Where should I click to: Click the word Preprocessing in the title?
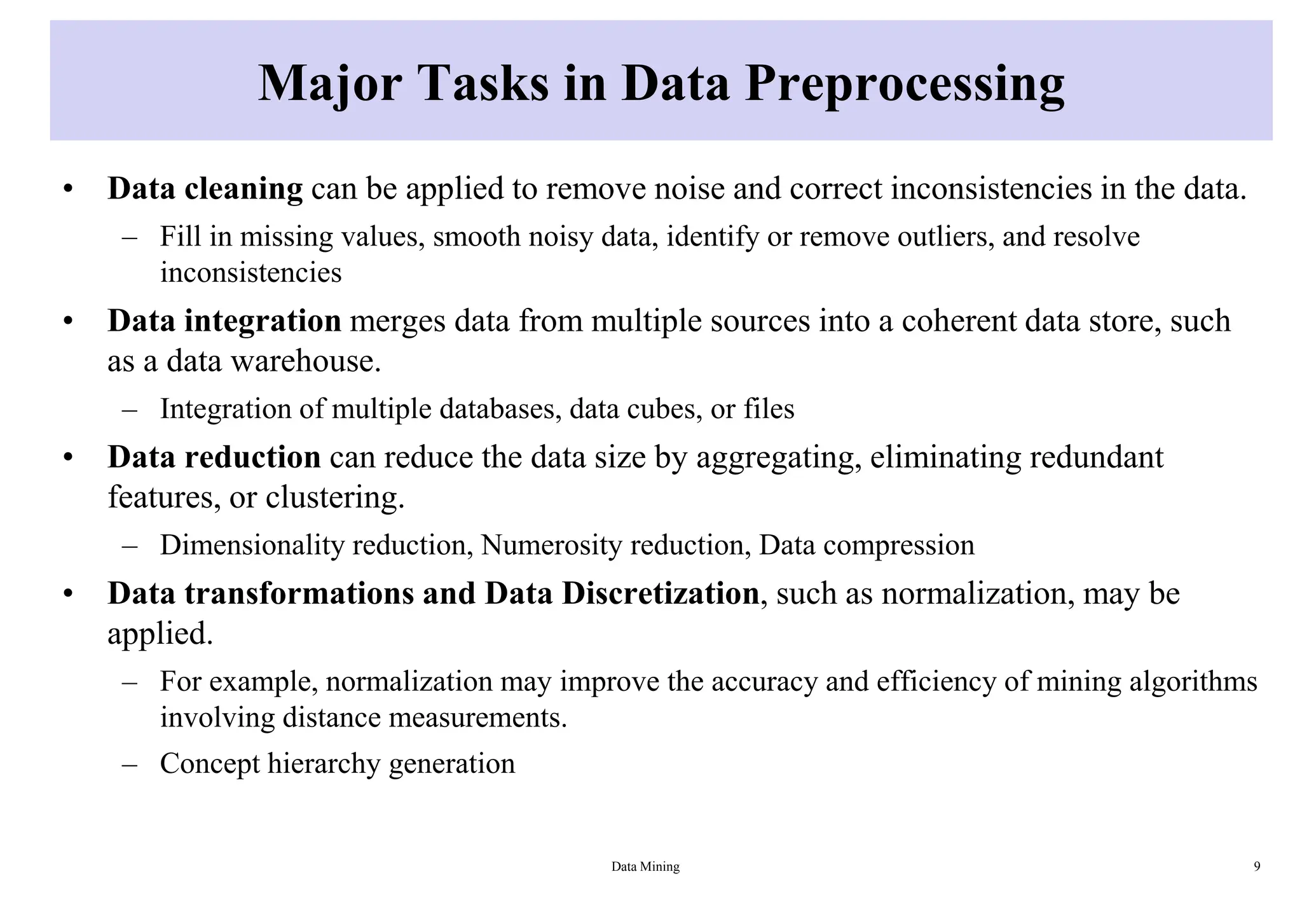tap(904, 84)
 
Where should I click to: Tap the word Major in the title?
tap(329, 84)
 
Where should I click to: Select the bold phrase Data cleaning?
tap(205, 189)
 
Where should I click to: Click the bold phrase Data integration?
tap(224, 321)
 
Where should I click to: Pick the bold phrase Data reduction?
tap(214, 457)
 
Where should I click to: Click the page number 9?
tap(1257, 866)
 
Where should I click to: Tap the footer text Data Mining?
tap(645, 866)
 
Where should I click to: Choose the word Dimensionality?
tap(251, 545)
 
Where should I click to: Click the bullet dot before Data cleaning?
tap(68, 190)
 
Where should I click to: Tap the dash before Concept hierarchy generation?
tap(130, 763)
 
